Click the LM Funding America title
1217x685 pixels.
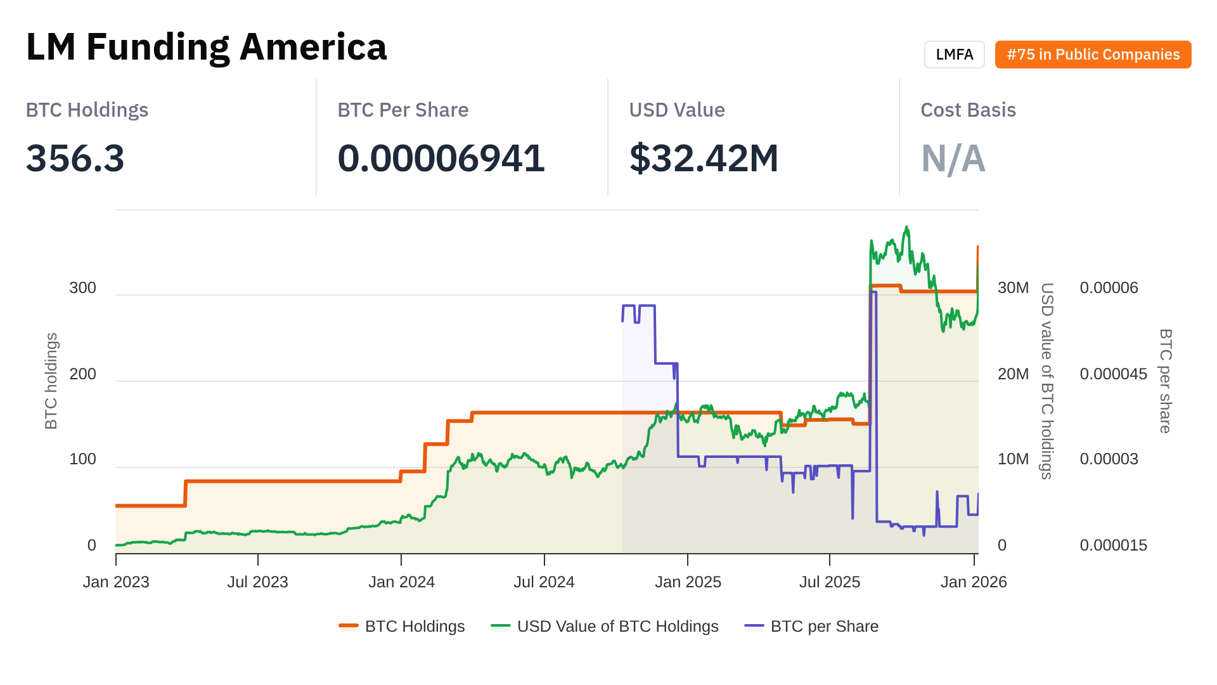tap(206, 47)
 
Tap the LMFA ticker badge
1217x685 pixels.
tap(954, 55)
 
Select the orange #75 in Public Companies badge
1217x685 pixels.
tap(1093, 55)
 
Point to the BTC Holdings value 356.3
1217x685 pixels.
tap(75, 158)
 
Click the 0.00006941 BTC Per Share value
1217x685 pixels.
tap(441, 158)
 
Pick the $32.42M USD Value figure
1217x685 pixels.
tap(704, 158)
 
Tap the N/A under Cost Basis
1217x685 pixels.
tap(953, 158)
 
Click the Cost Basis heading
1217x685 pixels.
tap(968, 110)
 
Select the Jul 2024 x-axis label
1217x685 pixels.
tap(544, 582)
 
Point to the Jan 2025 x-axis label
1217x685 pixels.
tap(688, 582)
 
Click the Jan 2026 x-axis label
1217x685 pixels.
tap(974, 582)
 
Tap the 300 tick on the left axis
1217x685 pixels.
tap(83, 288)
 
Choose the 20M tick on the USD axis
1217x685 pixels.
tap(1013, 374)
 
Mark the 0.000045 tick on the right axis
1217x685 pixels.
tap(1113, 374)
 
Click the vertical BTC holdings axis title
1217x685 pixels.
tap(51, 381)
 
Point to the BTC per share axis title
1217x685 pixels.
tap(1165, 381)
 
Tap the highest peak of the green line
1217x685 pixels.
tap(907, 227)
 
